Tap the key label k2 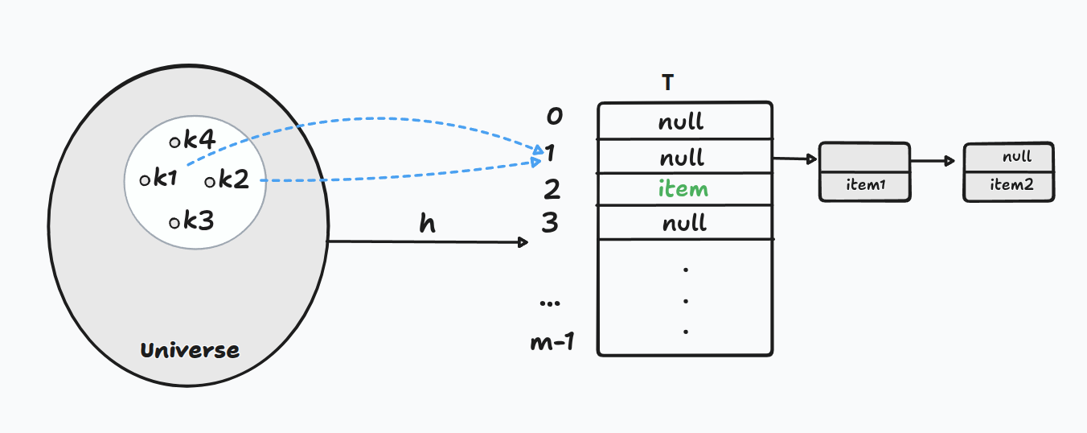pyautogui.click(x=233, y=180)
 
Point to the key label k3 pyautogui.click(x=199, y=221)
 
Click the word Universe pyautogui.click(x=190, y=351)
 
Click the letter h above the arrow pyautogui.click(x=428, y=223)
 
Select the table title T pyautogui.click(x=667, y=83)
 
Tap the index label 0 pyautogui.click(x=554, y=118)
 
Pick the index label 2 pyautogui.click(x=552, y=189)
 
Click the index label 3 pyautogui.click(x=550, y=222)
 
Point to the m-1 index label pyautogui.click(x=552, y=343)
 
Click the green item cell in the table pyautogui.click(x=683, y=189)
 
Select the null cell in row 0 pyautogui.click(x=681, y=122)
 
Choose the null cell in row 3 pyautogui.click(x=684, y=223)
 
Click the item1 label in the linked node pyautogui.click(x=865, y=185)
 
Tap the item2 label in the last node pyautogui.click(x=1011, y=184)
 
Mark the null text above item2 pyautogui.click(x=1016, y=158)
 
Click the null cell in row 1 pyautogui.click(x=681, y=156)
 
